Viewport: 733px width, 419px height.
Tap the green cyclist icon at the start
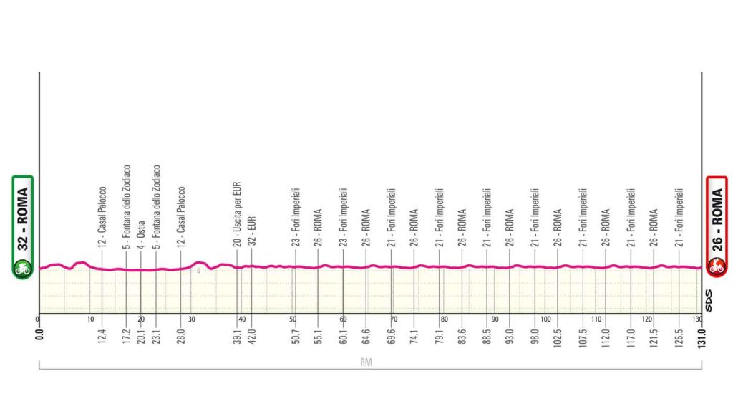tap(22, 269)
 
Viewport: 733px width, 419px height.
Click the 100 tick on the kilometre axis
tap(545, 319)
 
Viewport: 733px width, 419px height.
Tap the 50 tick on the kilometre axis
tap(293, 319)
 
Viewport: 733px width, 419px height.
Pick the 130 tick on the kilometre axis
tap(697, 319)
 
